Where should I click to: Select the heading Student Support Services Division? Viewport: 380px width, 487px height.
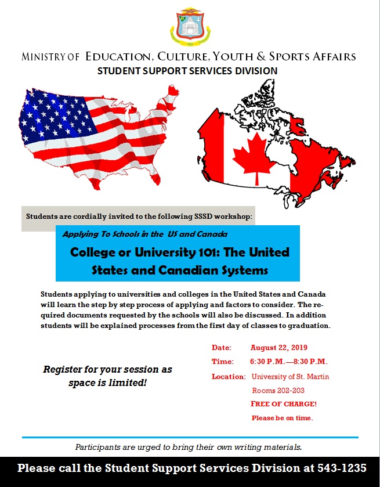(x=187, y=71)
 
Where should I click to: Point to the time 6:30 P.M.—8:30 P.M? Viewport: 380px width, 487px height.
(x=289, y=362)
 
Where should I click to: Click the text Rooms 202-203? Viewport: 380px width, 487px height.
(x=278, y=391)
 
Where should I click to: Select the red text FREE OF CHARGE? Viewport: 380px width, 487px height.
(x=283, y=404)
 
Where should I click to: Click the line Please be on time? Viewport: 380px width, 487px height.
(x=282, y=418)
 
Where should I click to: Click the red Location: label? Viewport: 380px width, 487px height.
(x=229, y=377)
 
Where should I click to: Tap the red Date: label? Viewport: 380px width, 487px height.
(x=221, y=348)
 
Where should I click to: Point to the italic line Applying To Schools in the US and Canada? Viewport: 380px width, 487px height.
(x=145, y=234)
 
